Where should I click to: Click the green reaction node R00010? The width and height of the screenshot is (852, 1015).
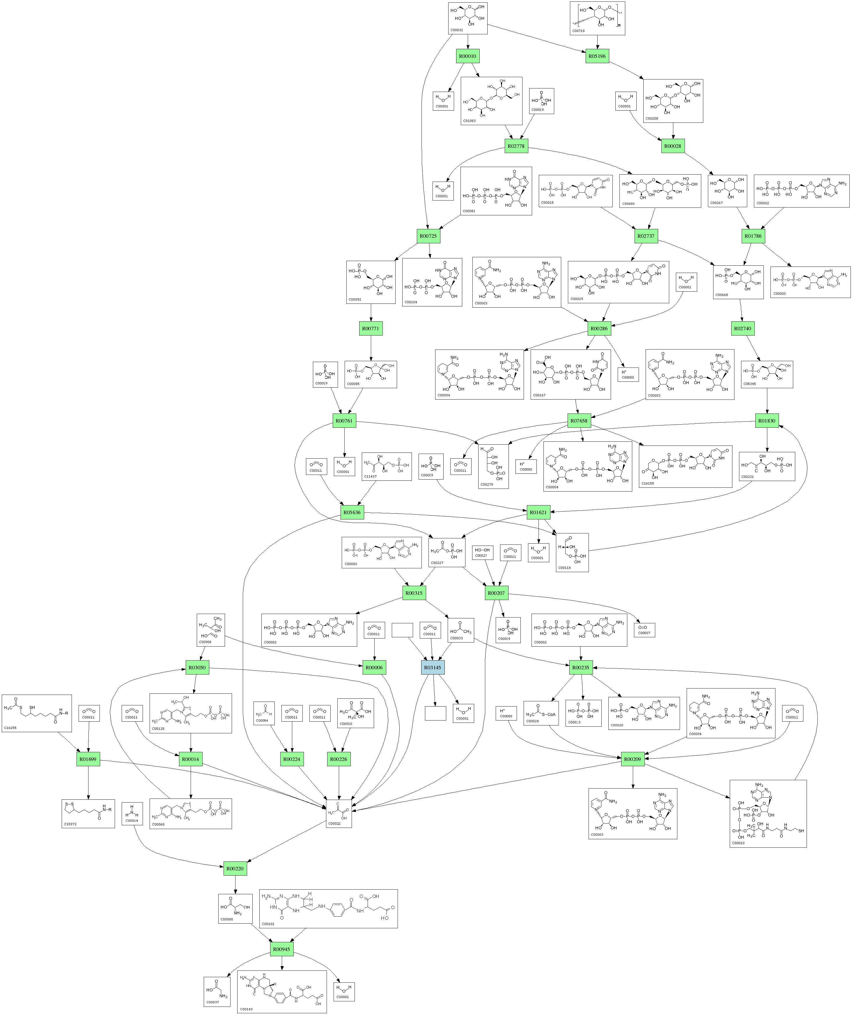[x=467, y=56]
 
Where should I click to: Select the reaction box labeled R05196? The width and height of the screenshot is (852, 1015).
[x=597, y=56]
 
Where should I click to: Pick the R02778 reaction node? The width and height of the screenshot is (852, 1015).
[x=516, y=146]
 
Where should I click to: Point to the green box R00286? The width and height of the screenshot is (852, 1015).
[x=599, y=329]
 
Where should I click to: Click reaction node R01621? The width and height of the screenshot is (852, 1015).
[x=538, y=512]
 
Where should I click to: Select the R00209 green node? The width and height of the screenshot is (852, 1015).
[x=633, y=759]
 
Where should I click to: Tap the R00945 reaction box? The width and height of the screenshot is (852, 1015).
[x=281, y=949]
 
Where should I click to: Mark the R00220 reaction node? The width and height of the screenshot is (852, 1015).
[x=235, y=869]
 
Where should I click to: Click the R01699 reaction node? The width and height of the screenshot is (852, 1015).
[x=88, y=759]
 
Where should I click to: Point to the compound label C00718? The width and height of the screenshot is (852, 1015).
[x=578, y=31]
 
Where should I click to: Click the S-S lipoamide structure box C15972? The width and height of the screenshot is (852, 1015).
[x=88, y=813]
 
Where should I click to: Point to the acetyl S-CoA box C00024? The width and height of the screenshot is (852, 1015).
[x=541, y=714]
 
